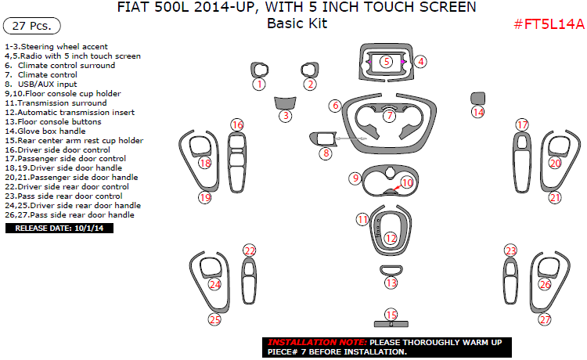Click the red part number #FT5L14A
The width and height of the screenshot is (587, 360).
click(549, 24)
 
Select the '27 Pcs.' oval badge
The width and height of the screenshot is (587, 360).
click(32, 26)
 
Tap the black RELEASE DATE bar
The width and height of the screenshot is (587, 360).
click(59, 229)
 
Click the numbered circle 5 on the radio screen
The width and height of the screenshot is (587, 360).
click(387, 61)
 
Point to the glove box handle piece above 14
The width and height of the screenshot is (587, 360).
click(477, 98)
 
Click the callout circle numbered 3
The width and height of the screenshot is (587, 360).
click(286, 116)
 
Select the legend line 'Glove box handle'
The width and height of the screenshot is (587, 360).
click(45, 131)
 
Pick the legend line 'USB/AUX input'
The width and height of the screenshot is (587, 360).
click(41, 85)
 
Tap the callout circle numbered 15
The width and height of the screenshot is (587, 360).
click(391, 315)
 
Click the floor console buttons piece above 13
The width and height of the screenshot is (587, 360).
click(391, 270)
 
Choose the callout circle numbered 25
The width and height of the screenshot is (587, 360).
click(214, 319)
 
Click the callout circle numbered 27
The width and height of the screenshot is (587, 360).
click(545, 319)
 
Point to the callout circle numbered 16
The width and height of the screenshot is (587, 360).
click(237, 124)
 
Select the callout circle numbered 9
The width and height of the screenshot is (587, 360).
click(355, 178)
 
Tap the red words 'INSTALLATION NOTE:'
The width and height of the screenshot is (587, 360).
click(317, 342)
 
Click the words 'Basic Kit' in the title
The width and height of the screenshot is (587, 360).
click(297, 23)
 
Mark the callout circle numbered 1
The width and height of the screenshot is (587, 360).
click(259, 85)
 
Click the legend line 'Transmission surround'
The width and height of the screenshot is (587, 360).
click(56, 103)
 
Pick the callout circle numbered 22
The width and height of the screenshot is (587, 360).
click(250, 250)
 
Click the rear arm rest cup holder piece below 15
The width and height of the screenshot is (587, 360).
click(391, 324)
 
